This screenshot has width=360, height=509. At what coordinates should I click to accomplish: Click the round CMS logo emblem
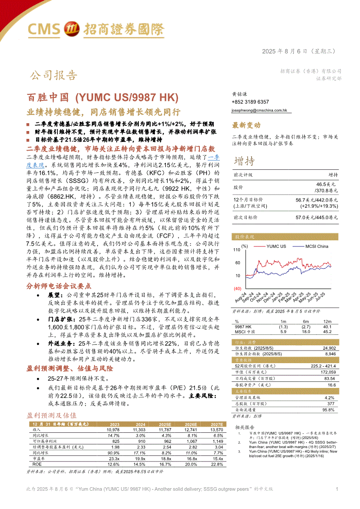[71, 29]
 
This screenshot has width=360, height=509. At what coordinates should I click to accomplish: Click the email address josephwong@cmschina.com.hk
[259, 111]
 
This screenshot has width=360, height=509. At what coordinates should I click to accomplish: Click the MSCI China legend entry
[316, 246]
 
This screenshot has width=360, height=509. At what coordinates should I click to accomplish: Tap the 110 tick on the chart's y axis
[237, 250]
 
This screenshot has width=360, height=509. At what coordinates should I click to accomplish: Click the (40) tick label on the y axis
[237, 289]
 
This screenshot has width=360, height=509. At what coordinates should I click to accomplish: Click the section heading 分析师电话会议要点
[59, 286]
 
